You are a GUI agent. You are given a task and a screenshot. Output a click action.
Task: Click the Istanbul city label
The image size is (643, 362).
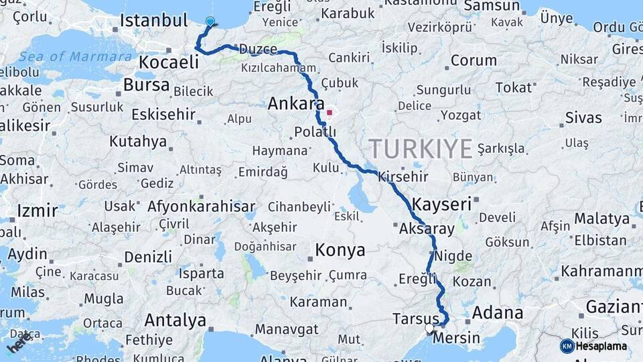click(153, 20)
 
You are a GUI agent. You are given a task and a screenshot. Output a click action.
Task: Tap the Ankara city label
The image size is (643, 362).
click(291, 103)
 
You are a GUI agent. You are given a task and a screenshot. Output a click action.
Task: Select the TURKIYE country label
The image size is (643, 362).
click(421, 148)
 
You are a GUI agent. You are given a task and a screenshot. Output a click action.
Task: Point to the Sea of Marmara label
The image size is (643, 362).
click(75, 56)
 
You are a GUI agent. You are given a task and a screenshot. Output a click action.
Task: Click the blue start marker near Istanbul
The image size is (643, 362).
click(210, 22)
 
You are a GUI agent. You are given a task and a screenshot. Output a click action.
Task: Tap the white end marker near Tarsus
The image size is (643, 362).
click(429, 328)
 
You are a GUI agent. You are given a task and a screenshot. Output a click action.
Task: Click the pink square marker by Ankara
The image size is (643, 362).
click(329, 113)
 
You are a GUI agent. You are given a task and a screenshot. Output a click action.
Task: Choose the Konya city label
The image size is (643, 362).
click(340, 251)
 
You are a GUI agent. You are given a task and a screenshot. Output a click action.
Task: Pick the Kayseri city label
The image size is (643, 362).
click(442, 204)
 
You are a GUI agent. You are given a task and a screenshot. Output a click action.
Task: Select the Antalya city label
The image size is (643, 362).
click(175, 320)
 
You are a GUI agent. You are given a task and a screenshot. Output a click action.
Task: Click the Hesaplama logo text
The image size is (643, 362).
click(601, 346)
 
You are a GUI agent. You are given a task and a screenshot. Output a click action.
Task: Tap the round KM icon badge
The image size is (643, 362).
click(567, 346)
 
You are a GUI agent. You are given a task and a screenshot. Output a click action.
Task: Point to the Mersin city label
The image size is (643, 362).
click(456, 338)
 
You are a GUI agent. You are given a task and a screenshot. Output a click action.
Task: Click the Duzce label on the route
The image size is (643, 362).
click(258, 49)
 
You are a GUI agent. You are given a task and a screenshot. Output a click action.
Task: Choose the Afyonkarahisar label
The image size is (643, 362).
click(201, 206)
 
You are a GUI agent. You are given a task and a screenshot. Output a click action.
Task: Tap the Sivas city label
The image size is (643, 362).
click(583, 118)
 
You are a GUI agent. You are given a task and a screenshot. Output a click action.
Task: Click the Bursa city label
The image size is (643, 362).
click(146, 85)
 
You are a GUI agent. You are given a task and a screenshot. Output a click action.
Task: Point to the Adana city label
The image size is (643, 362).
click(498, 312)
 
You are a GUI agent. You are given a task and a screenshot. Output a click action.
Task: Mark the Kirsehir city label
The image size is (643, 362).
click(403, 177)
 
